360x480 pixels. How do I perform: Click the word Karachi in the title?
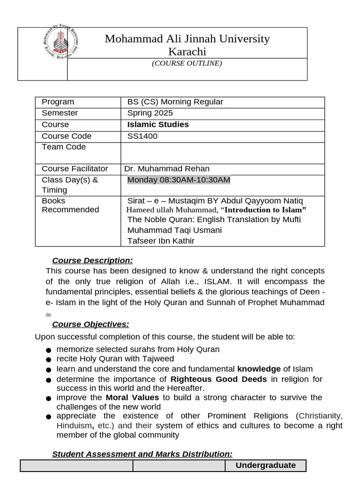187,52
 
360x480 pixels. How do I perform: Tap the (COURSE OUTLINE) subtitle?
187,63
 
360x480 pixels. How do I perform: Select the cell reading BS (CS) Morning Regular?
175,102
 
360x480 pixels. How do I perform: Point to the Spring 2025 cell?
150,113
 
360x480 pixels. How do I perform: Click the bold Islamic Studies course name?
158,125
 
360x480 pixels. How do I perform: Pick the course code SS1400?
142,136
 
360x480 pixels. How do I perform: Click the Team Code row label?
64,147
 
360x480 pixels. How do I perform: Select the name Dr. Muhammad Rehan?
167,169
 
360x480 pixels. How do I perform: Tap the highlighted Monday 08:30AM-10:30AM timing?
179,180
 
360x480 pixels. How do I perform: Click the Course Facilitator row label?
75,169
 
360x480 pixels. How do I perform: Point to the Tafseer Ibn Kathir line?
161,241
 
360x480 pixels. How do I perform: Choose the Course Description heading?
92,261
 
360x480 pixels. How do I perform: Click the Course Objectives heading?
90,324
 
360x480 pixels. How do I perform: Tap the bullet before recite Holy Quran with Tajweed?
48,360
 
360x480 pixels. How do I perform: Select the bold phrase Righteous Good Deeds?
218,379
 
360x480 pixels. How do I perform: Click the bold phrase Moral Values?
132,397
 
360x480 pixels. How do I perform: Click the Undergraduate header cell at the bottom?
265,465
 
